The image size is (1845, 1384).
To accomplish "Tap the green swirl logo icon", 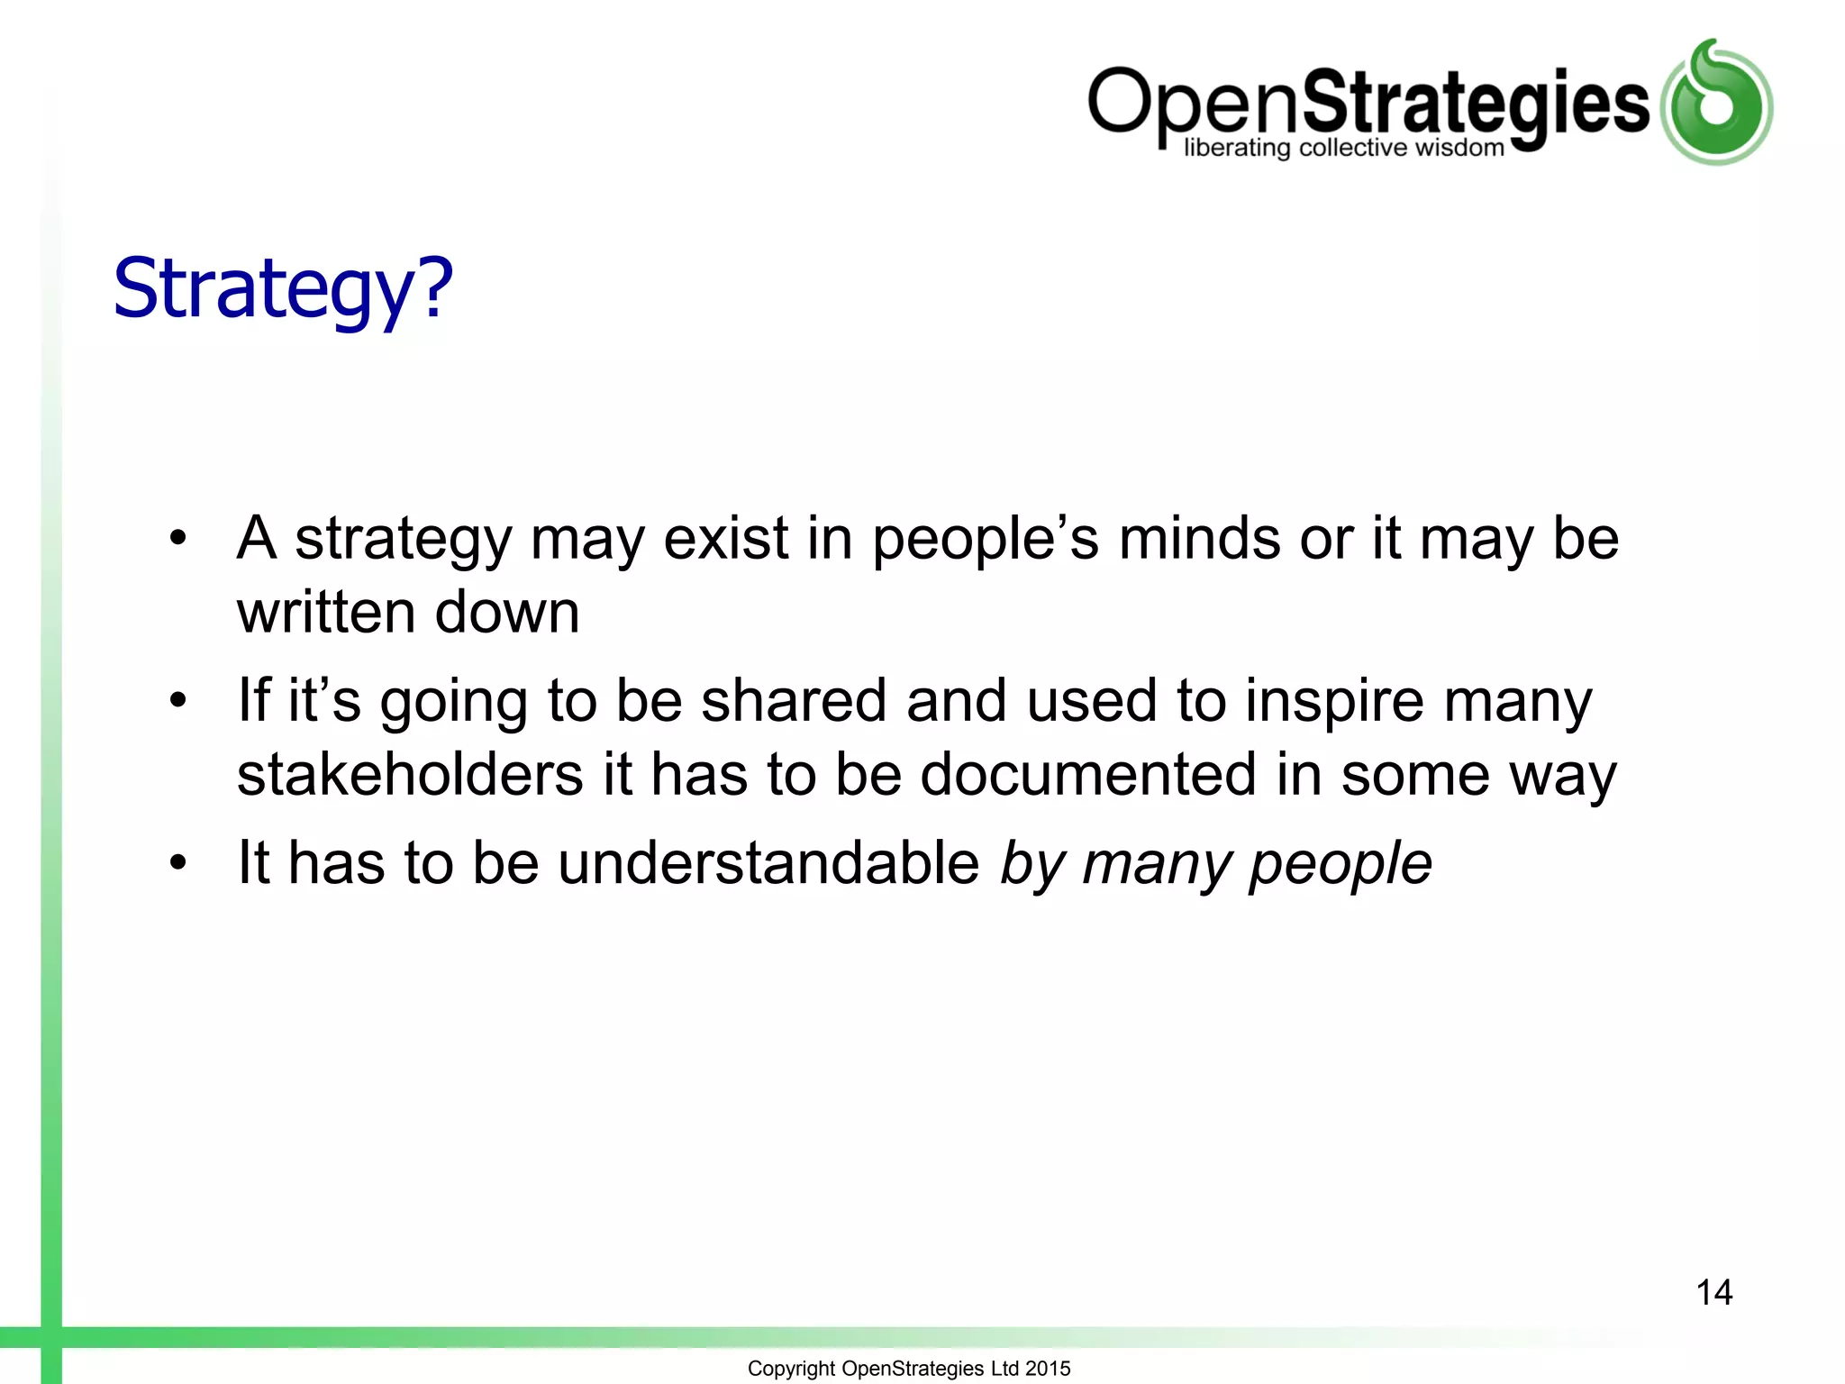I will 1717,104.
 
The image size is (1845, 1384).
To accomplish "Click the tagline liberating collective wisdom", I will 1343,148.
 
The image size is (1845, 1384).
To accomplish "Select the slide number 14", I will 1713,1292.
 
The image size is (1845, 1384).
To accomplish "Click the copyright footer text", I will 909,1368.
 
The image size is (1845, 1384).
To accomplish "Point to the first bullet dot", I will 178,539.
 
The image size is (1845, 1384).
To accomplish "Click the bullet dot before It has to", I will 178,863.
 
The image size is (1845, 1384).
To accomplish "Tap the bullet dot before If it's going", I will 178,700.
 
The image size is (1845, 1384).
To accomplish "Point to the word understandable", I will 768,863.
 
